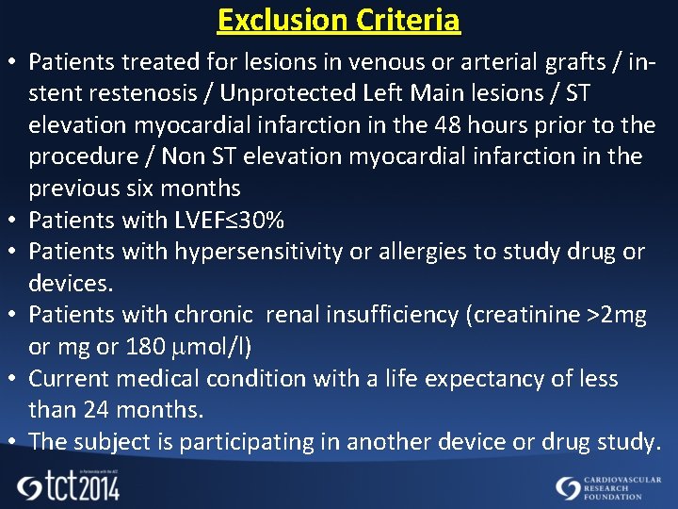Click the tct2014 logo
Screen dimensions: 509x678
coord(69,485)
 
